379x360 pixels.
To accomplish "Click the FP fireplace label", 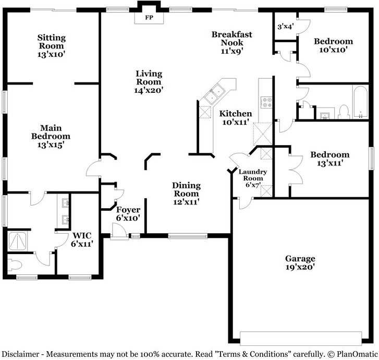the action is point(149,17).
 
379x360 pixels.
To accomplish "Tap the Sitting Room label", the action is point(51,42).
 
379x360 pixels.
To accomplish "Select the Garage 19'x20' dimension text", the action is point(300,267).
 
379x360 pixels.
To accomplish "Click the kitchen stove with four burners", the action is point(266,102).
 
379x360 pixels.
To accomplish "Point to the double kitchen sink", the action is point(215,94).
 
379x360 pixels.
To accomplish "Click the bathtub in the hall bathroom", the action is point(360,102).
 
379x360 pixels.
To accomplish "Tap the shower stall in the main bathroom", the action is point(17,241).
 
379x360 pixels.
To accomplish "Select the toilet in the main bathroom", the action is point(15,265).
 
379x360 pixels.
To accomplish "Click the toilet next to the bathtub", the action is point(344,112).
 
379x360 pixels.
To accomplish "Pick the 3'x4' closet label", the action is point(286,27).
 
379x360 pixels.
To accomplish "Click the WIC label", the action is point(82,235).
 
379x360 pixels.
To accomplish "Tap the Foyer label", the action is point(128,210).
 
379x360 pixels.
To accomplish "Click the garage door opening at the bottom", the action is point(301,339).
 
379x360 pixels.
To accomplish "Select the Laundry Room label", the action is point(253,175).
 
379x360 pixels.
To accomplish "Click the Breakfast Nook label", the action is point(232,39).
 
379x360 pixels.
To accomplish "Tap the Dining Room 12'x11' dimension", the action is point(186,202).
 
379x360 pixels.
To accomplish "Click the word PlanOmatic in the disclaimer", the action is point(357,354).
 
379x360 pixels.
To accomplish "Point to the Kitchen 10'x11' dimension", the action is point(236,122).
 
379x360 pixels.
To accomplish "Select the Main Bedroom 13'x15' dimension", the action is point(51,145).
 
